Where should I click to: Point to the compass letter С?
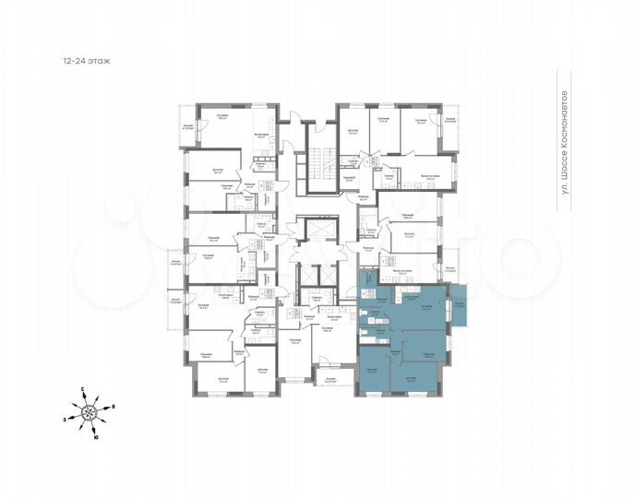pos(81,390)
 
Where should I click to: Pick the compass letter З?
pos(65,419)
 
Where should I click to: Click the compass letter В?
pos(113,407)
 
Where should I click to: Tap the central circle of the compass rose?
pos(89,413)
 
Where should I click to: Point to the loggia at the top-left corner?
pos(187,128)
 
